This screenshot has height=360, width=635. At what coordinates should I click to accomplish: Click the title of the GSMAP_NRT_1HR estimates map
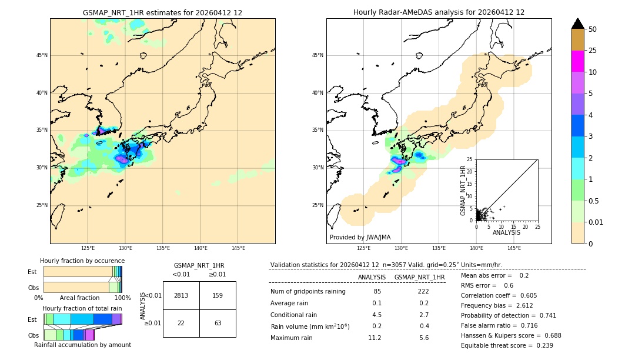point(162,12)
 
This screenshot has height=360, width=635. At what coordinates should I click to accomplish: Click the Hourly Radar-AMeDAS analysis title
point(439,12)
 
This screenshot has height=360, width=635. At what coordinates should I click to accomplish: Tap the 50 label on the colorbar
point(593,29)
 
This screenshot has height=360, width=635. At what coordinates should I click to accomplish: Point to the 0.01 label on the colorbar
point(596,222)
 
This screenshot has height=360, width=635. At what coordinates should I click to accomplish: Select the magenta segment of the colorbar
point(577,61)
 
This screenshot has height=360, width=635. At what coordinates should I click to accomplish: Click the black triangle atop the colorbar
point(577,24)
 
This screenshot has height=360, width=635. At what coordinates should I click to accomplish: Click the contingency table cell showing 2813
point(181,295)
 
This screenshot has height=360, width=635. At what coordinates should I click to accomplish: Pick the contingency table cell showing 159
point(218,295)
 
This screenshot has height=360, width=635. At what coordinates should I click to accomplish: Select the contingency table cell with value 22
point(181,323)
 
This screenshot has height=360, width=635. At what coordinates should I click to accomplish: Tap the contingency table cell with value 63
point(218,323)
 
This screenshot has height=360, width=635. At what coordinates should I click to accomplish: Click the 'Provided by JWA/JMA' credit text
point(360,237)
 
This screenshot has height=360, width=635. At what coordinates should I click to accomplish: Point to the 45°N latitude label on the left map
point(42,55)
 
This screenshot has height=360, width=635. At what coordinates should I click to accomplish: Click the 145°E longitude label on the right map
point(514,248)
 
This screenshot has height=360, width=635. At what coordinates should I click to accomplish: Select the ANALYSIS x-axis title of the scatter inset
point(506,232)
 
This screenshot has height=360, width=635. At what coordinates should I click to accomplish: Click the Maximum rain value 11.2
point(375,338)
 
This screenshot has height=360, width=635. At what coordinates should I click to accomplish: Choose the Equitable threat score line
point(507,345)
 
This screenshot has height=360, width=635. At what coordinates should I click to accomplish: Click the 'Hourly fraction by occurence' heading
point(82,261)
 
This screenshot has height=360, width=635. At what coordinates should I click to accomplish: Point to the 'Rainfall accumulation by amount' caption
point(82,345)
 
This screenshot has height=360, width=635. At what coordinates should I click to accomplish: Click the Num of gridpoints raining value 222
point(423,291)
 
